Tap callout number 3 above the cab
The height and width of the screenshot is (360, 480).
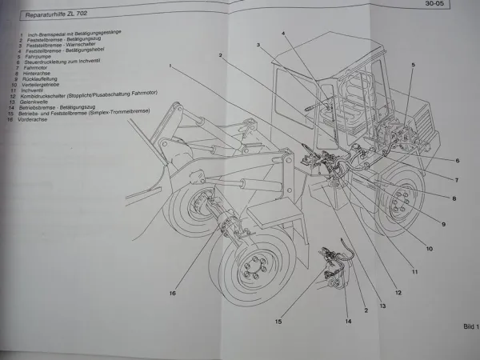[258, 46]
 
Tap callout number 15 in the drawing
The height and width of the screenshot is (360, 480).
[278, 322]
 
